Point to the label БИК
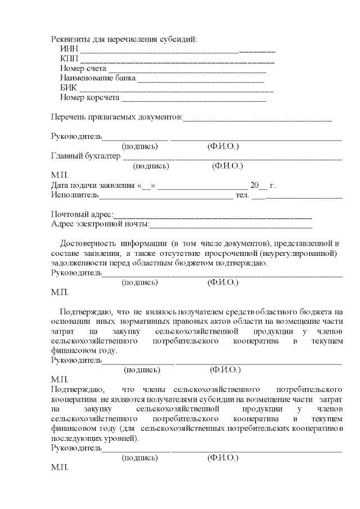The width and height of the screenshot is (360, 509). pyautogui.click(x=68, y=88)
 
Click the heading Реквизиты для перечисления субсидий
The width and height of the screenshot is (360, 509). pyautogui.click(x=124, y=39)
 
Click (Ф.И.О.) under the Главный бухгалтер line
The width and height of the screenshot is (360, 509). pyautogui.click(x=227, y=166)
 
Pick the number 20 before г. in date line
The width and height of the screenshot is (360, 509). pyautogui.click(x=254, y=186)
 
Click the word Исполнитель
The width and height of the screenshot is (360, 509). pyautogui.click(x=75, y=195)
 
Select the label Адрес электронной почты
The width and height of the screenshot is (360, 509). pyautogui.click(x=100, y=224)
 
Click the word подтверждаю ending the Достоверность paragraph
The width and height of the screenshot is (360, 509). pyautogui.click(x=242, y=263)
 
